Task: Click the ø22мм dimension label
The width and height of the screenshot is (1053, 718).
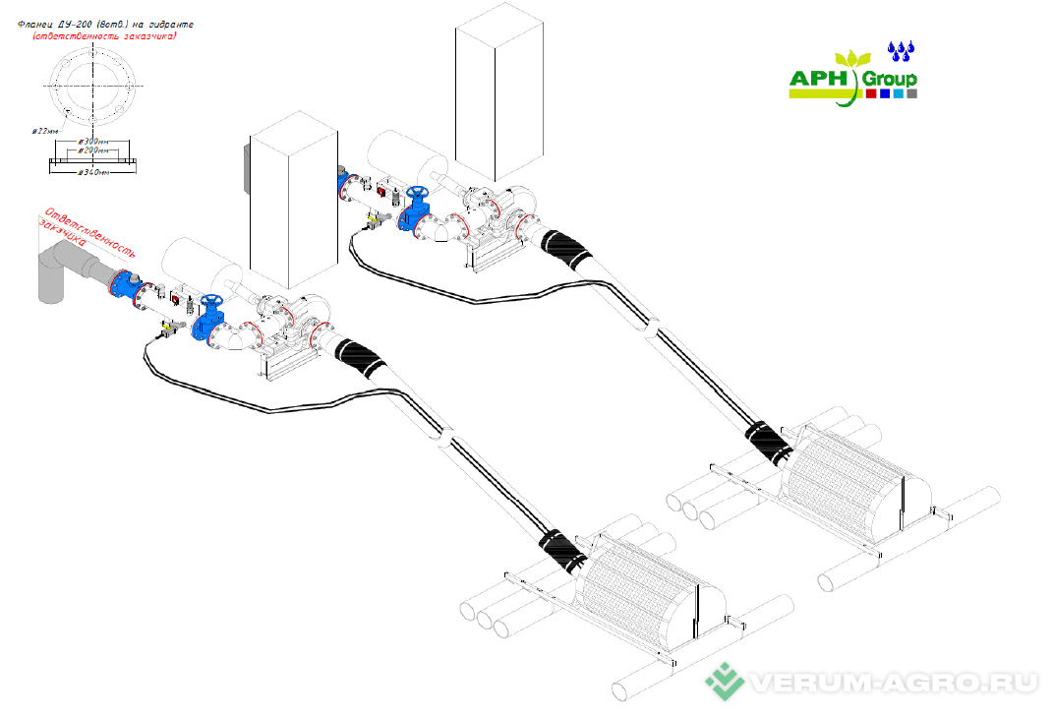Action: pos(45,130)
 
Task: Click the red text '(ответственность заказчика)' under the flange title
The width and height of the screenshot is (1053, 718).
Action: pos(104,35)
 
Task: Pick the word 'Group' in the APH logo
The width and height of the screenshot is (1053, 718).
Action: pos(891,79)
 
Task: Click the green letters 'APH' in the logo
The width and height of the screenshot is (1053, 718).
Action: pos(824,79)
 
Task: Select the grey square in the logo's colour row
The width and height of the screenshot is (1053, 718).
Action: pos(912,94)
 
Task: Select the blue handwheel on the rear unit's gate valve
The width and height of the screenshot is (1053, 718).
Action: pos(419,193)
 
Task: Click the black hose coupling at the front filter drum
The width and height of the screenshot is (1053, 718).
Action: pos(561,547)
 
